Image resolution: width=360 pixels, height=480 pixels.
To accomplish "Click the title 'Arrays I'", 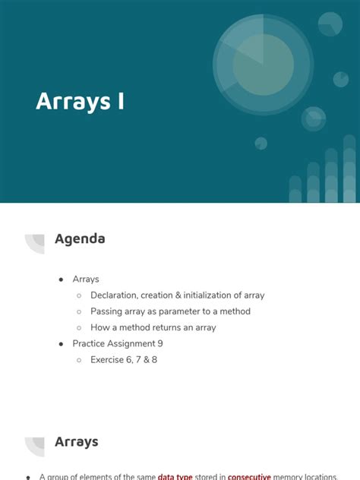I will [x=80, y=102].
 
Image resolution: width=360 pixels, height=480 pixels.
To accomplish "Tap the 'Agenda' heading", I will [x=80, y=239].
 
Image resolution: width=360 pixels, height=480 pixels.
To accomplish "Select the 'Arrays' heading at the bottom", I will [x=76, y=442].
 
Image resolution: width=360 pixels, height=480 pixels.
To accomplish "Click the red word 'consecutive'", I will [x=249, y=477].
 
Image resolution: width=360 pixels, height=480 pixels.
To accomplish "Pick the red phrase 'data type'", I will [x=175, y=477].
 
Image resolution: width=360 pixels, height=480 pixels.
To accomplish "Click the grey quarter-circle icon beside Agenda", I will [x=36, y=242].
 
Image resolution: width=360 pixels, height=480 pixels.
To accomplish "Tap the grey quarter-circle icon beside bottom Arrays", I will [x=36, y=445].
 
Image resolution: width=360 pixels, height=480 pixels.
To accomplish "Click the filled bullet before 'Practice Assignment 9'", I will [x=61, y=344].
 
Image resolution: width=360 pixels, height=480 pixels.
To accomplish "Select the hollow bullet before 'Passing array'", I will [x=79, y=312].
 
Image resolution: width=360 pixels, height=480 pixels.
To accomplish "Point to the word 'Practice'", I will [x=90, y=343].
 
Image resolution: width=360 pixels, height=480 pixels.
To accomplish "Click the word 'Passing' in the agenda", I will [x=107, y=311].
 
